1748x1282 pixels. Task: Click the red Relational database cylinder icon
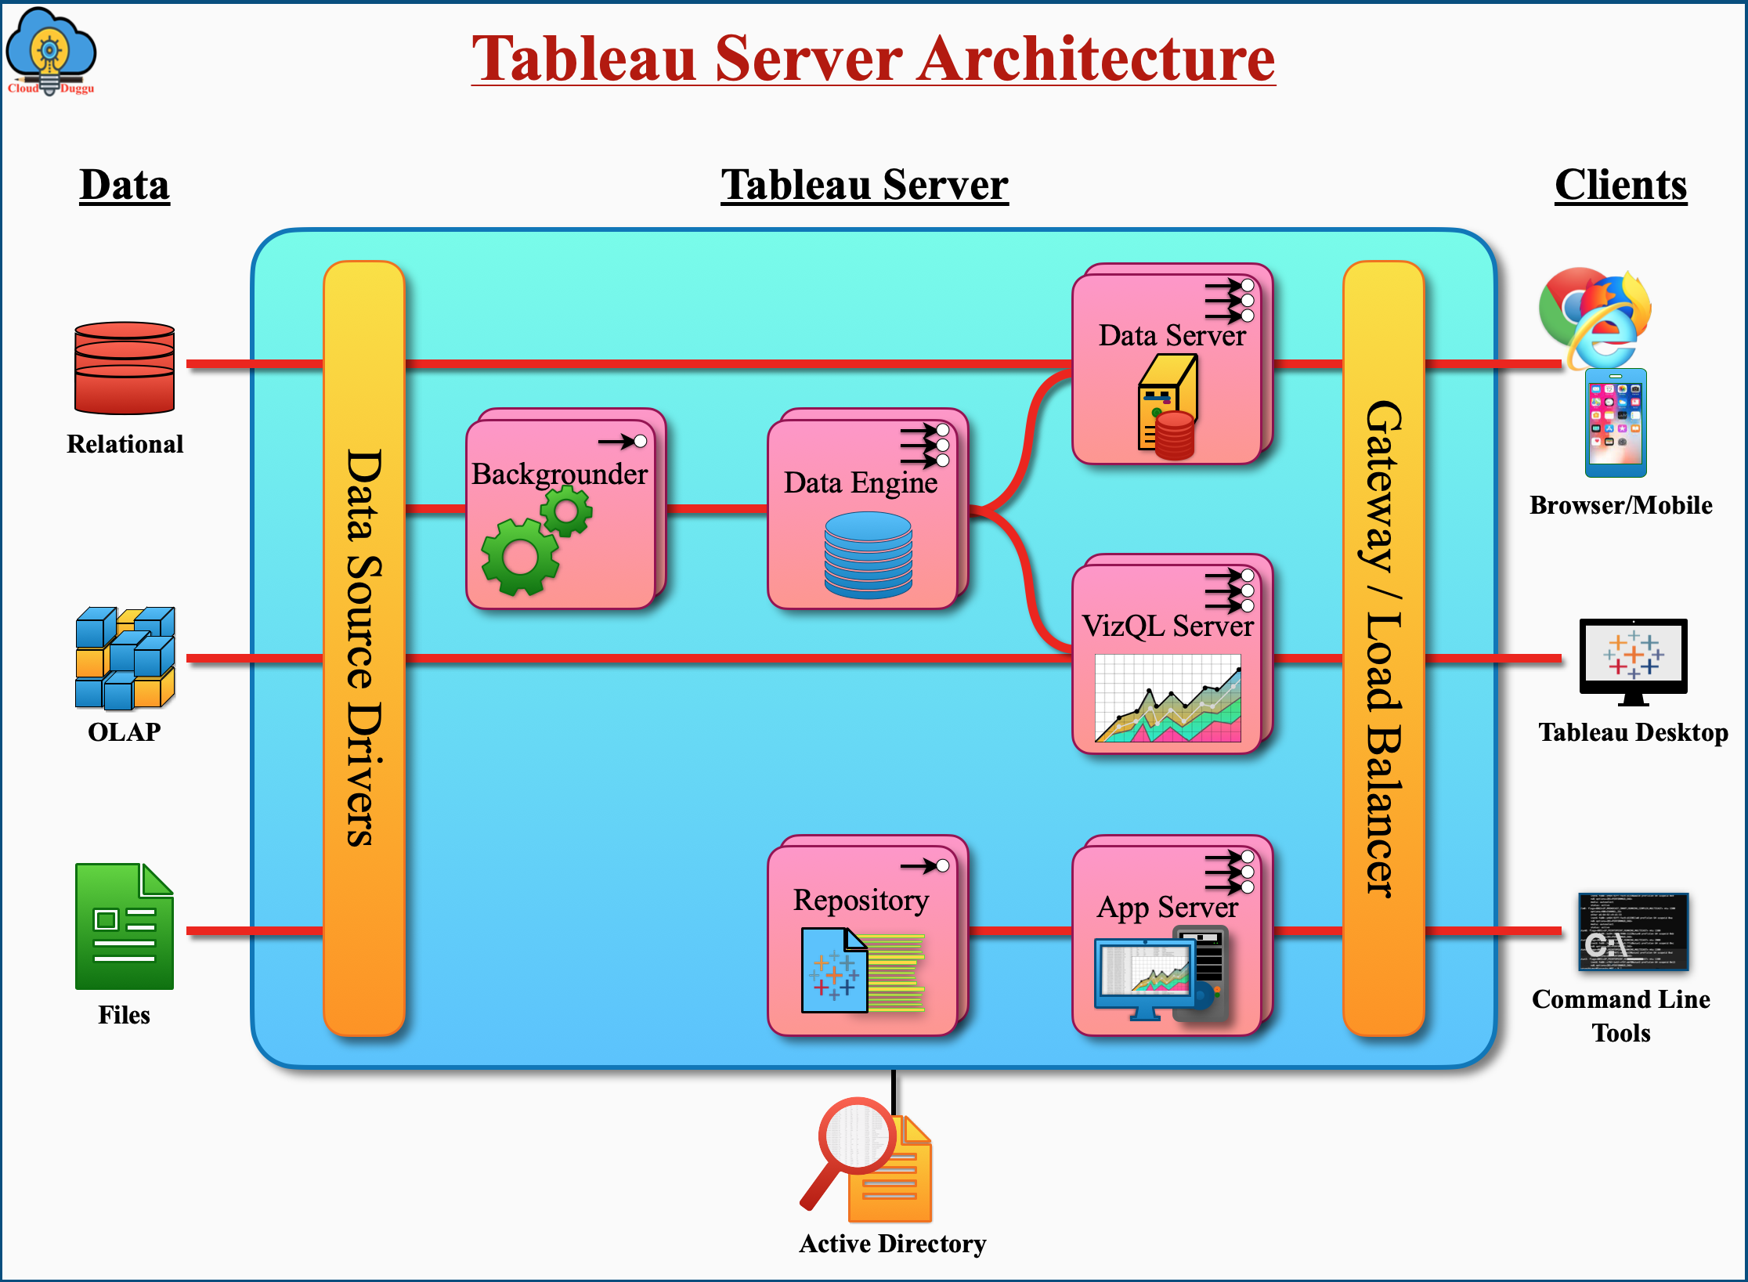(x=125, y=368)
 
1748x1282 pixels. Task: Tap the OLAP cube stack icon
(x=125, y=658)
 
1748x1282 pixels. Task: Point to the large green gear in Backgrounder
(x=520, y=557)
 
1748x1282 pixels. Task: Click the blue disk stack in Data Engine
(x=868, y=554)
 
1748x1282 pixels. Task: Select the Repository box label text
(x=861, y=901)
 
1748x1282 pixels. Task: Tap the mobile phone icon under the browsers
(x=1616, y=424)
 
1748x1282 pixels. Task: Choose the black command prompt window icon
(x=1633, y=931)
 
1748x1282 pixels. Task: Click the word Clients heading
(x=1620, y=186)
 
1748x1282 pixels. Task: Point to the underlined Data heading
(x=125, y=186)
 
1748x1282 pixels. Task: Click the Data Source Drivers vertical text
(x=364, y=648)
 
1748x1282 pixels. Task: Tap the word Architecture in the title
(x=1096, y=60)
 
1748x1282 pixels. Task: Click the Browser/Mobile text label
(x=1620, y=505)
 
